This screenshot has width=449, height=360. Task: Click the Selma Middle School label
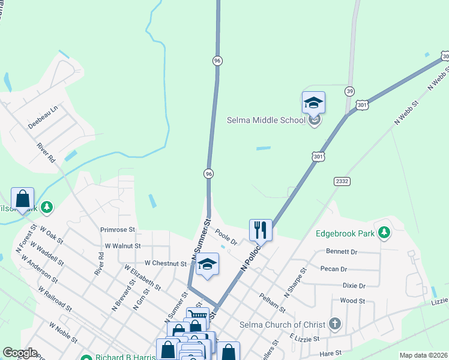click(x=266, y=120)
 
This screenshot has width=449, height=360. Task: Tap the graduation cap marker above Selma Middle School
click(x=313, y=103)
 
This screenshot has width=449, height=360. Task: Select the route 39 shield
click(x=349, y=91)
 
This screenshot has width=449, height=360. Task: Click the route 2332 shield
click(x=342, y=181)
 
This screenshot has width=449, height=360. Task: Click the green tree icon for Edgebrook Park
click(x=383, y=233)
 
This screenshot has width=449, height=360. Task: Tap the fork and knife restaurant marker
click(x=261, y=229)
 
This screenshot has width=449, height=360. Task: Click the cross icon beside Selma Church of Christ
click(x=335, y=325)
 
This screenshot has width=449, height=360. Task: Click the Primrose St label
click(x=118, y=229)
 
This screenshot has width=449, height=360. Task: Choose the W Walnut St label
click(x=122, y=245)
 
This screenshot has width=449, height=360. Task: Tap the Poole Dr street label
click(x=226, y=238)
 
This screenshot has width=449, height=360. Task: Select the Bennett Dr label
click(x=342, y=252)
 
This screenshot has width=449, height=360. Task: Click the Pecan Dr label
click(x=335, y=269)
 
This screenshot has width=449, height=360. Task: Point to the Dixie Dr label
click(x=353, y=286)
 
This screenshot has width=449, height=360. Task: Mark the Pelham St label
click(x=272, y=301)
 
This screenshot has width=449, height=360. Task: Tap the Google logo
click(x=20, y=353)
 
